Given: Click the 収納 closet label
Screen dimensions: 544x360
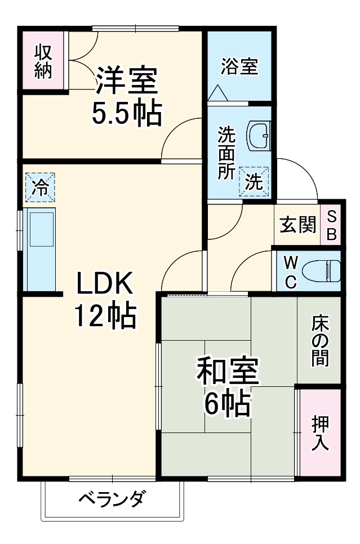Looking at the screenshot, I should (43, 60).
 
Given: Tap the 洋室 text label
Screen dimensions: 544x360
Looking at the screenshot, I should (126, 81).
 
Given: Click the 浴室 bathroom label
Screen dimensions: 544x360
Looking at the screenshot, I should (239, 66).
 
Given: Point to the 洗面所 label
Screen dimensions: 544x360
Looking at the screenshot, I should (227, 153).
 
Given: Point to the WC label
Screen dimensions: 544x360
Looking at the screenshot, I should (290, 271).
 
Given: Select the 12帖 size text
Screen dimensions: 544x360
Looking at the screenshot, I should (105, 318).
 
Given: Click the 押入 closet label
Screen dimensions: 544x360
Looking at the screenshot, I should (320, 432).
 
